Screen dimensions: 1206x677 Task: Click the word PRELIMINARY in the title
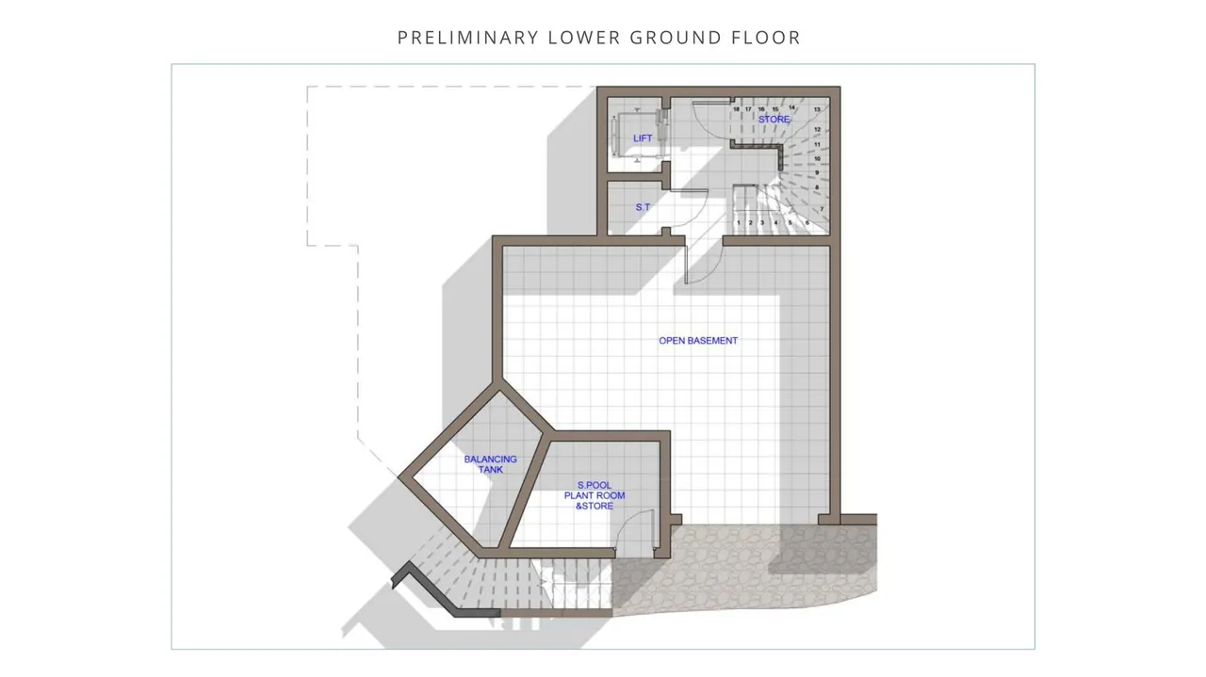point(468,38)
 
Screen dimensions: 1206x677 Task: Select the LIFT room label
point(643,138)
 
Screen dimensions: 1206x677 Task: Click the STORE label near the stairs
point(774,119)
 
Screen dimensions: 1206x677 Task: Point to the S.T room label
point(643,207)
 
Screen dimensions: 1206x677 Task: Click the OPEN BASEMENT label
point(698,341)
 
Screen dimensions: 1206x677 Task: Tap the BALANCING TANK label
point(491,464)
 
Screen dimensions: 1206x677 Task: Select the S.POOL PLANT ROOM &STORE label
point(595,495)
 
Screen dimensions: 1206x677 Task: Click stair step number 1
point(739,222)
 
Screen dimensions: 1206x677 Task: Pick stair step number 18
point(736,109)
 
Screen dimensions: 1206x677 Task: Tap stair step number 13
point(817,110)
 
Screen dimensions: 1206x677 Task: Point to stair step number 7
point(823,209)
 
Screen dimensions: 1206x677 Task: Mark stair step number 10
point(817,159)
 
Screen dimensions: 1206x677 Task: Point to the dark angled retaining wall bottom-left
point(431,592)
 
